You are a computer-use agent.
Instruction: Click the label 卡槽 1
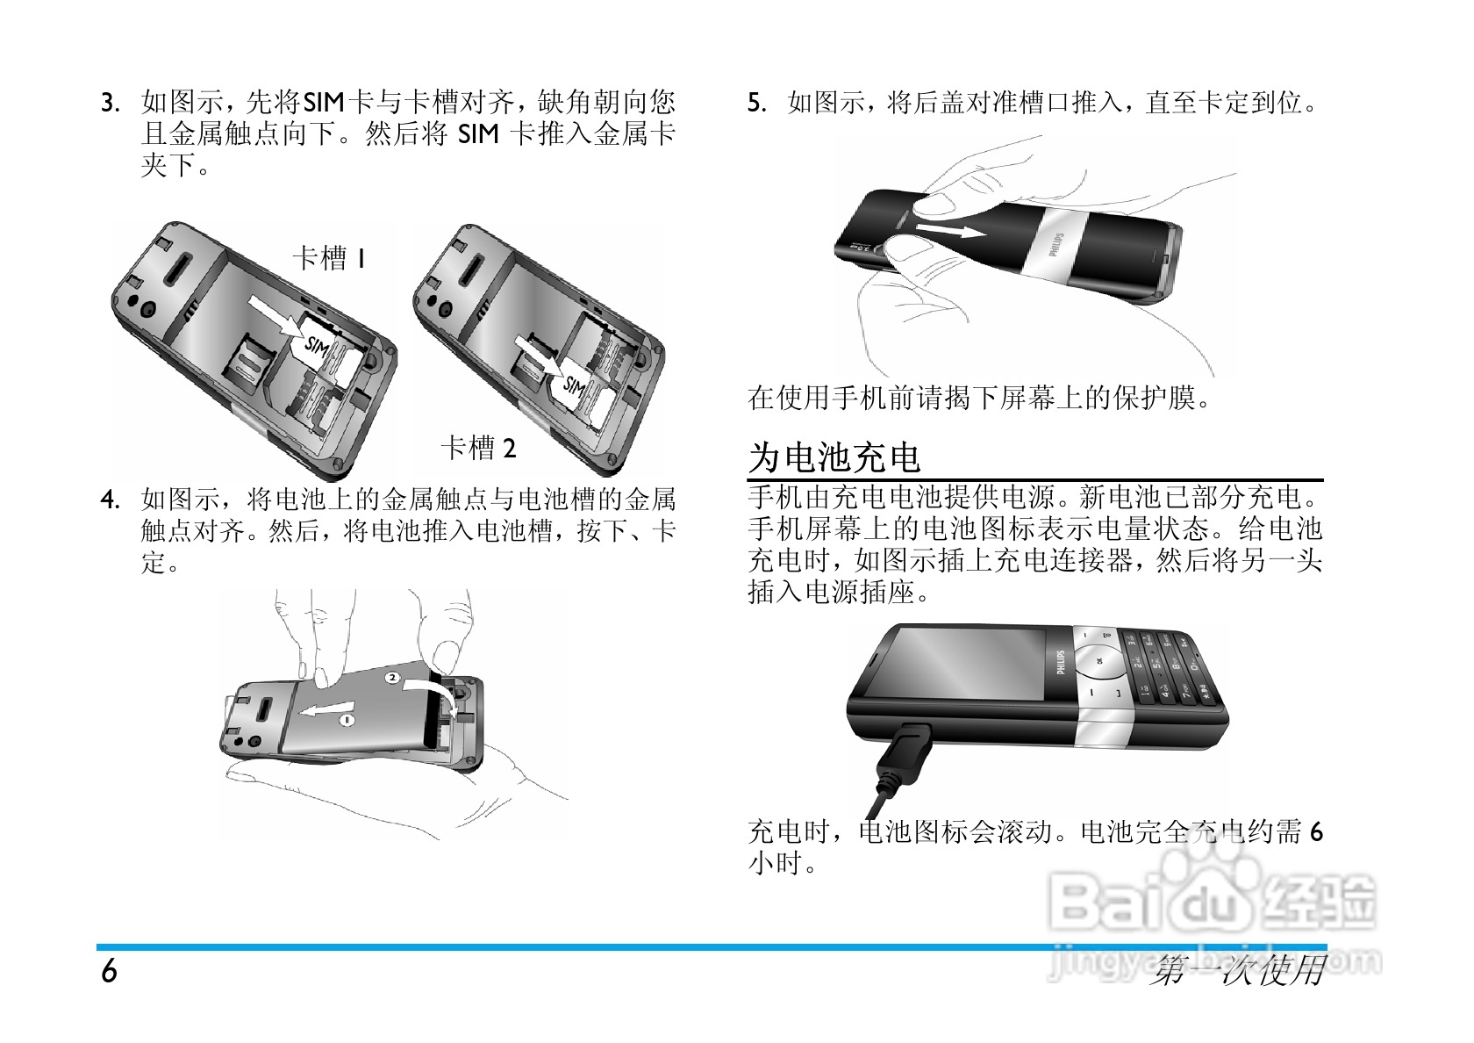tap(329, 258)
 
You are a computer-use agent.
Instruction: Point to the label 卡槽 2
tap(478, 449)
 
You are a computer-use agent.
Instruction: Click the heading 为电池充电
tap(834, 457)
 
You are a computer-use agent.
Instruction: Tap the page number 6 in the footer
tap(109, 973)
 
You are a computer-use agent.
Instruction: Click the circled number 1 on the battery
tap(346, 719)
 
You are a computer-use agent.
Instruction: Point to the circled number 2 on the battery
tap(392, 679)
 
